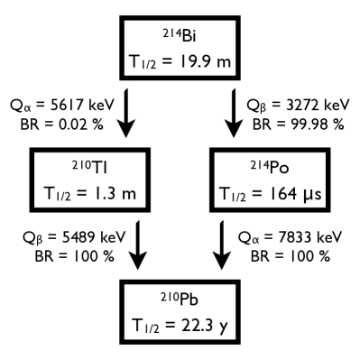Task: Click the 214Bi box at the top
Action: (x=180, y=49)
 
